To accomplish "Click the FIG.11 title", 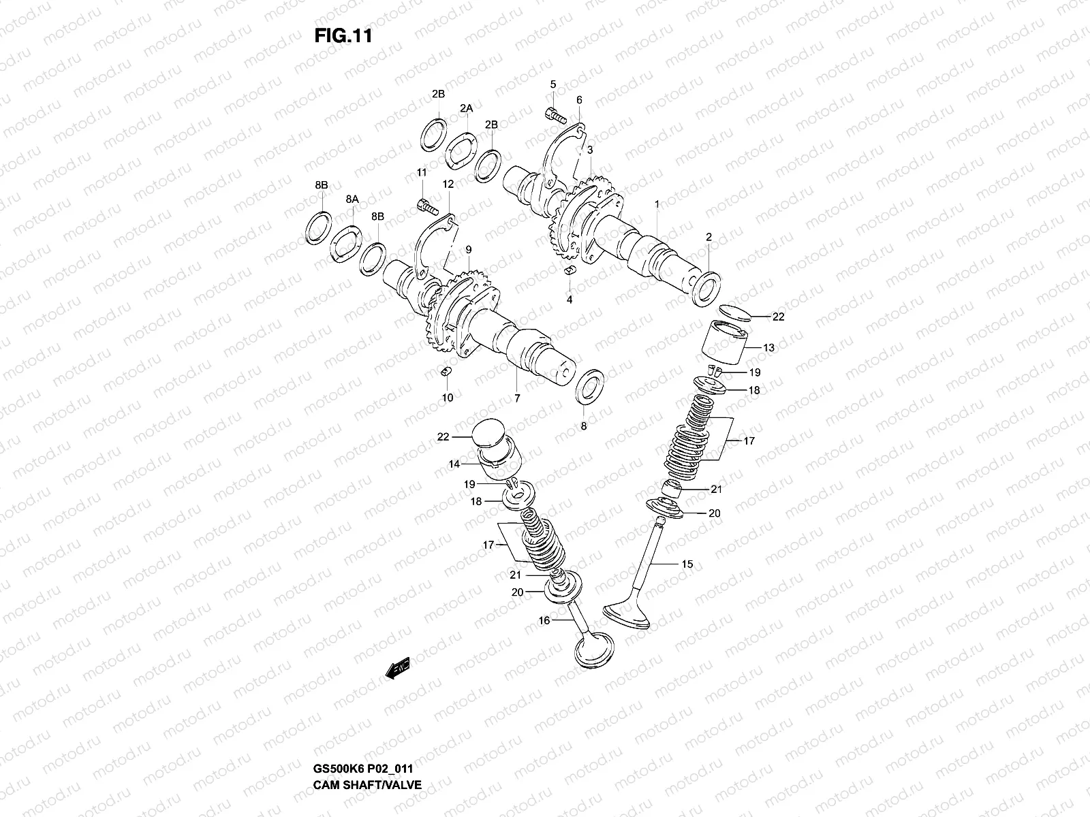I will [343, 36].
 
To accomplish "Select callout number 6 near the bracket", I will [579, 99].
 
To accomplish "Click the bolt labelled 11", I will [424, 204].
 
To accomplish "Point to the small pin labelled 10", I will [446, 372].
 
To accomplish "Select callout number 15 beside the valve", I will [687, 564].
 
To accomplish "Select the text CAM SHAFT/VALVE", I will [368, 747].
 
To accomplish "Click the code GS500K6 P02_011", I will [367, 730].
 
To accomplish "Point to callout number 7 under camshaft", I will [516, 398].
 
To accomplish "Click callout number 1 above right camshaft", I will [657, 204].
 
